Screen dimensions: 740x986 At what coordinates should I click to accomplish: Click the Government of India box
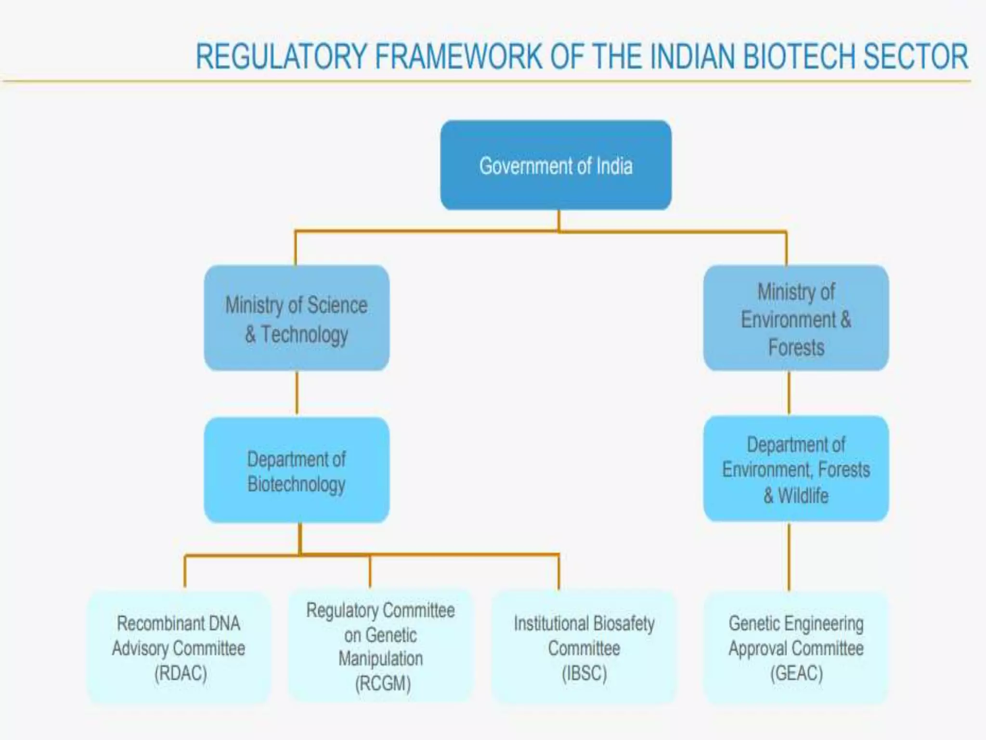click(556, 165)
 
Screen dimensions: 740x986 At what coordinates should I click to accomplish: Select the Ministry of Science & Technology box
click(297, 318)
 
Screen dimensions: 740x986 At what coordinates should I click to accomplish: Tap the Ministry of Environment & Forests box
click(796, 318)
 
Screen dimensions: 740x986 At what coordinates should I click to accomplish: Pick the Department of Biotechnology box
click(297, 470)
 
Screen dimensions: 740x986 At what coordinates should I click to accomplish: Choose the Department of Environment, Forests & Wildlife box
click(796, 469)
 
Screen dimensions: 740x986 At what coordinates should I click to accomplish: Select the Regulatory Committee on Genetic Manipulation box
click(381, 646)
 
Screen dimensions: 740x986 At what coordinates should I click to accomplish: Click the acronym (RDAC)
click(181, 673)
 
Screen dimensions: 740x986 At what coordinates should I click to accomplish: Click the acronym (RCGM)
click(383, 684)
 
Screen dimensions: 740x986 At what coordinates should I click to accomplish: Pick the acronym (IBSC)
click(584, 673)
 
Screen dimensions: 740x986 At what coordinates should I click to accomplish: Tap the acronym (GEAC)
click(796, 673)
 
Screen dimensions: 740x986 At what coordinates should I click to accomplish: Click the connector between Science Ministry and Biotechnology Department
click(297, 393)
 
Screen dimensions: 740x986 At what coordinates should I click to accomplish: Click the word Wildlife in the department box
click(803, 495)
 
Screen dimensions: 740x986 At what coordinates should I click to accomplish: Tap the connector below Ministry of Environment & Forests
click(789, 392)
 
